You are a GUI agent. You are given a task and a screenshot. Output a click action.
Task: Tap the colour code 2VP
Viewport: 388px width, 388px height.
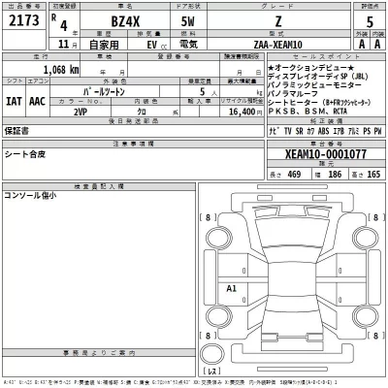coord(81,112)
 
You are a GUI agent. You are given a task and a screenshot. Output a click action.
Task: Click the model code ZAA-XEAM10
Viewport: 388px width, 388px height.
coord(281,44)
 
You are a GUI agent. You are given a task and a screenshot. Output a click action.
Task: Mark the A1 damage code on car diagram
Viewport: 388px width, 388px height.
coord(231,289)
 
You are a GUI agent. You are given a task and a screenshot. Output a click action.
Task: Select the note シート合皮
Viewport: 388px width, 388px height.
coord(24,154)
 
